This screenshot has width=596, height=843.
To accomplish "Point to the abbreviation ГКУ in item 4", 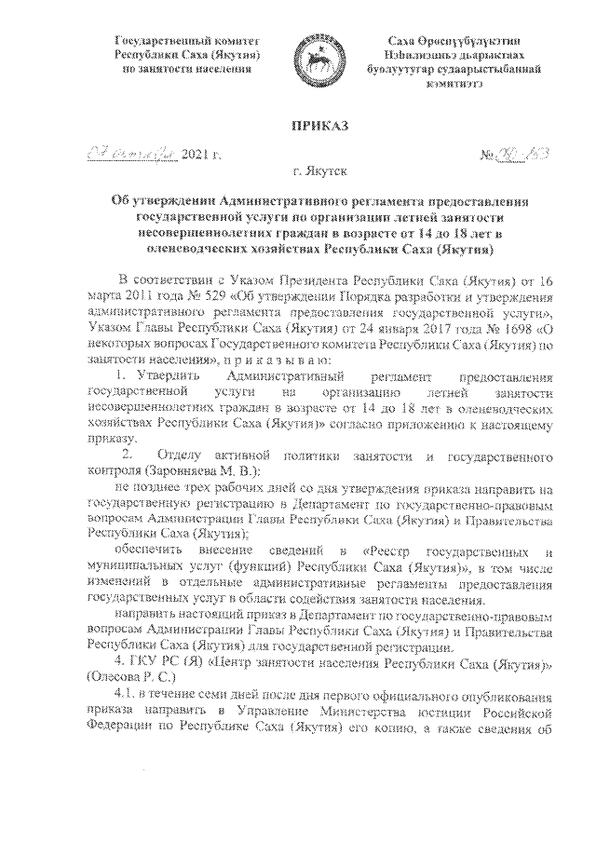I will click(140, 663).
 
